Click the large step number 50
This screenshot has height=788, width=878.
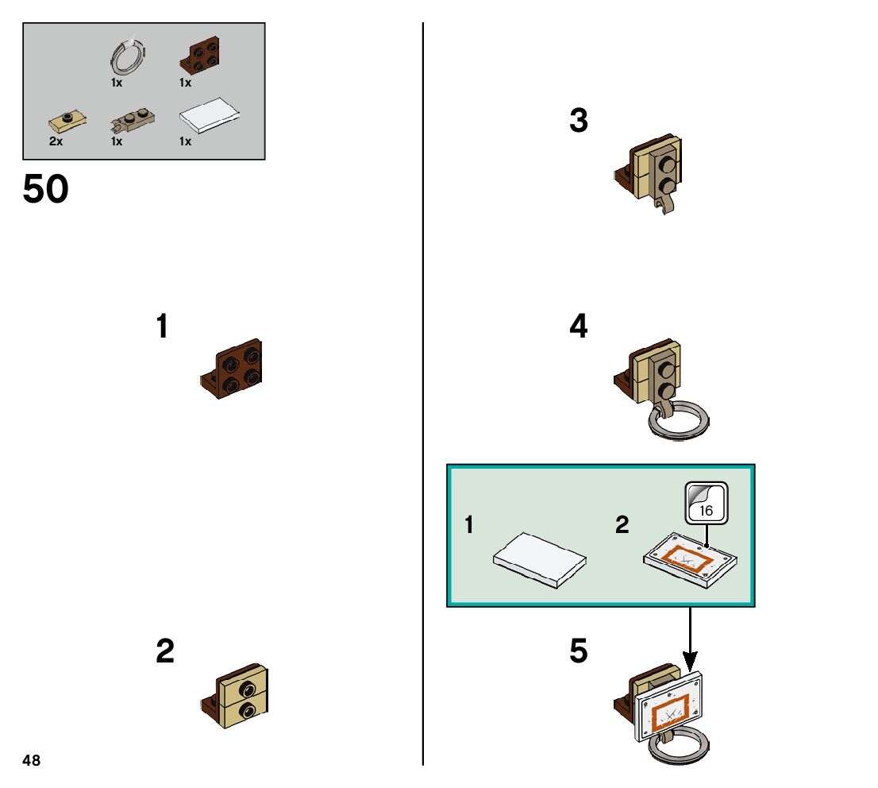tap(45, 191)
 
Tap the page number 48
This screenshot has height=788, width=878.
tap(31, 760)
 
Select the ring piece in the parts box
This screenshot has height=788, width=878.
tap(127, 57)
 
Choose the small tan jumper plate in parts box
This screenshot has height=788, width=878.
tap(67, 122)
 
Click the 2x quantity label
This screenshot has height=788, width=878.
tap(56, 141)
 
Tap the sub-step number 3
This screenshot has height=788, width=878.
tap(579, 122)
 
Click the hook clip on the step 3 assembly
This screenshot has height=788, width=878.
tap(664, 207)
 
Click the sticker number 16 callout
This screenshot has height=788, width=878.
tap(706, 503)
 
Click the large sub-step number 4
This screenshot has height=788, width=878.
tap(579, 326)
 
